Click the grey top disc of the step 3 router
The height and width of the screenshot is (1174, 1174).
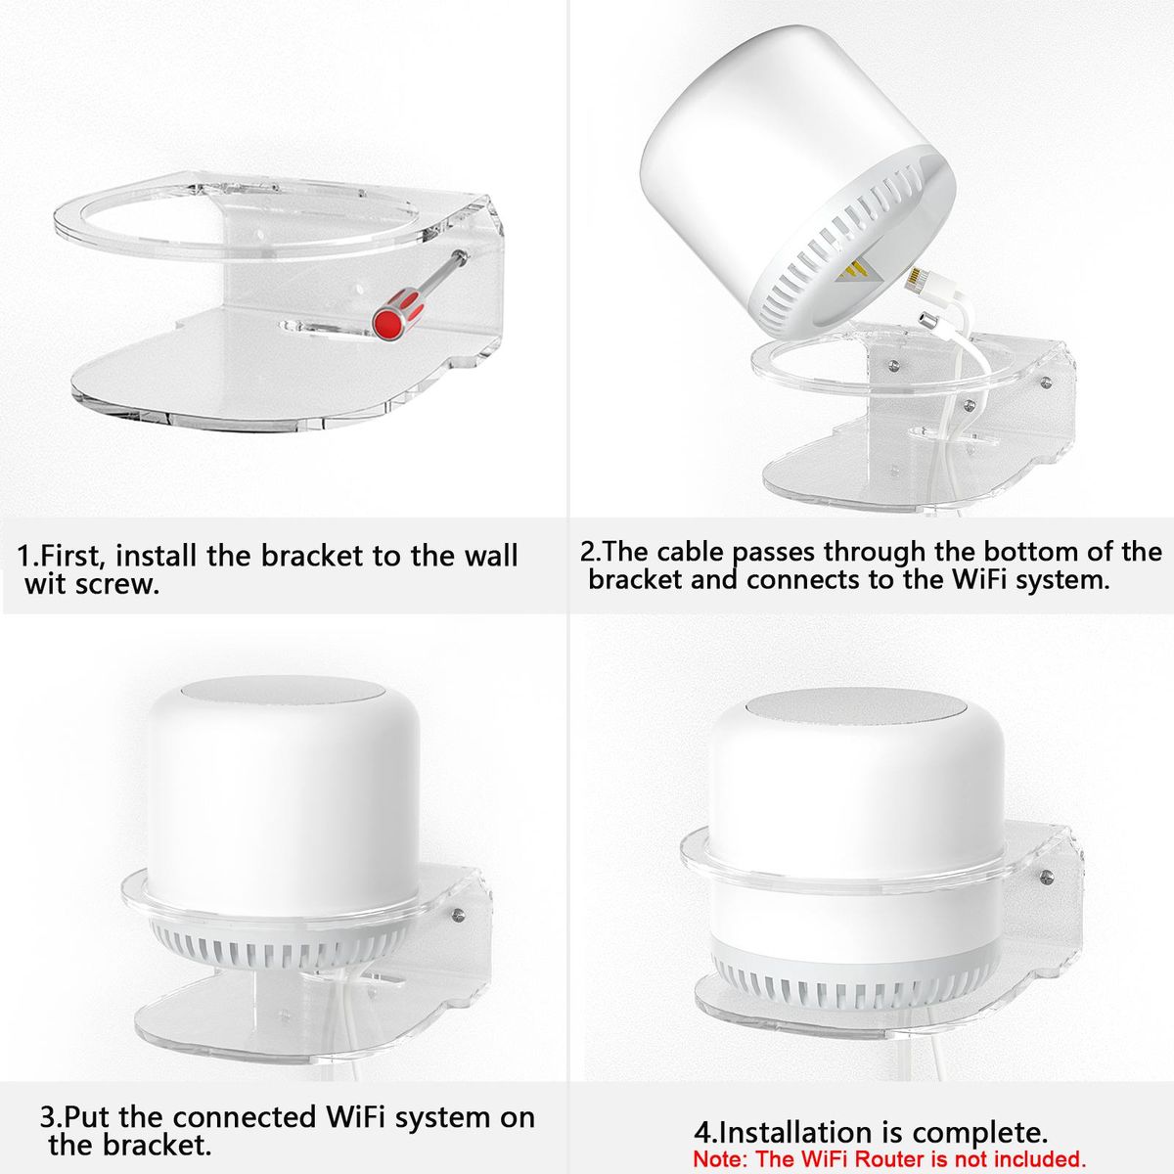[283, 694]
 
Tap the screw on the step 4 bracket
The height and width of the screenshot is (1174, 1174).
[1046, 878]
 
